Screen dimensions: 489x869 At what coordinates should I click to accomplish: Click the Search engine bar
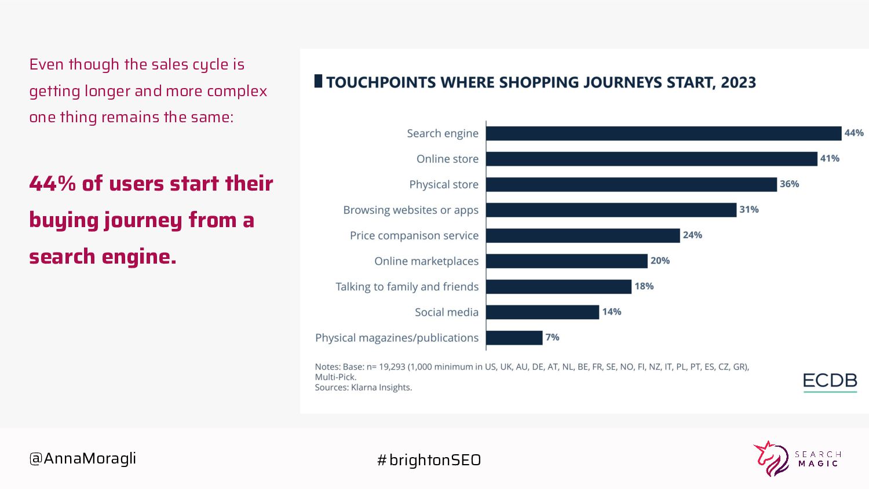click(x=663, y=133)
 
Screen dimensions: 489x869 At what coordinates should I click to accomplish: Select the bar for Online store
click(x=651, y=159)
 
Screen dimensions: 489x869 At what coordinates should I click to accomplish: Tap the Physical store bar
click(x=631, y=184)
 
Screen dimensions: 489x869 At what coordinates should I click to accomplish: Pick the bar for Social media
click(x=542, y=312)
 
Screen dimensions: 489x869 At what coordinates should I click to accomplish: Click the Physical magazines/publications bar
click(x=514, y=338)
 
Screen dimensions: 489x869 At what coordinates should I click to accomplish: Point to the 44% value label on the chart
click(x=854, y=133)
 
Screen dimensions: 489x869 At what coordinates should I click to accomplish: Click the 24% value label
click(x=692, y=235)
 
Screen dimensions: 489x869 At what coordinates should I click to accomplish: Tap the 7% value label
click(x=552, y=337)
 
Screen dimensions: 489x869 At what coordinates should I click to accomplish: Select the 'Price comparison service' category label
click(x=414, y=236)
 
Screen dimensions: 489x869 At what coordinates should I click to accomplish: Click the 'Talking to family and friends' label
click(x=407, y=287)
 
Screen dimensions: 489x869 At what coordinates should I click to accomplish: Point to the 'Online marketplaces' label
click(x=426, y=261)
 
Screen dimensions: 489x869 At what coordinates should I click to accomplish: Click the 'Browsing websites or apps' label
click(x=410, y=210)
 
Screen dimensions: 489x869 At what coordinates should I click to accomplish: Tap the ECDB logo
click(x=830, y=381)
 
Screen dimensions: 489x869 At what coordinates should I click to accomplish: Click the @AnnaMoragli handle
click(x=83, y=458)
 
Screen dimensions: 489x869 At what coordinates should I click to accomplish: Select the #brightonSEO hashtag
click(x=429, y=460)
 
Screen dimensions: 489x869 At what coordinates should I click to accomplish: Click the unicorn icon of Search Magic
click(x=771, y=459)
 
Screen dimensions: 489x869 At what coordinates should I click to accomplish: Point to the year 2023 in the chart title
click(x=738, y=82)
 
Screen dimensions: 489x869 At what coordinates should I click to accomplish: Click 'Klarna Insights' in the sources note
click(x=381, y=388)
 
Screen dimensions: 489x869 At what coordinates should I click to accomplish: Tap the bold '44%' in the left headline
click(x=52, y=184)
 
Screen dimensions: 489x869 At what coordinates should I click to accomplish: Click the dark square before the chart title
click(x=318, y=81)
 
